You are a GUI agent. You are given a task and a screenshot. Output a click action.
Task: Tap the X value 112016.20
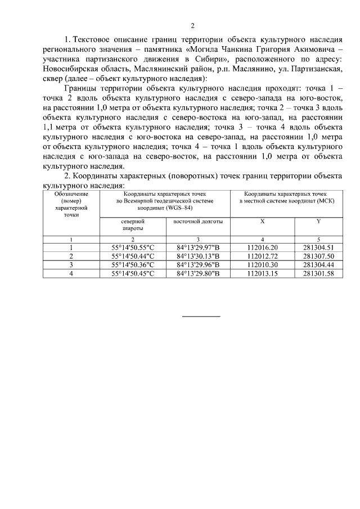point(263,247)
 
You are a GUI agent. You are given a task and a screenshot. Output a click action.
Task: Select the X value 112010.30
point(263,264)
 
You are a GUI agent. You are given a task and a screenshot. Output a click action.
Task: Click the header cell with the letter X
point(262,222)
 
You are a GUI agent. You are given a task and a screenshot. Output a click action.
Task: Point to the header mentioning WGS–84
point(165,200)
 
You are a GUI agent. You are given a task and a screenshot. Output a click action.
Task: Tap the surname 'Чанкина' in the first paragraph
point(220,49)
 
